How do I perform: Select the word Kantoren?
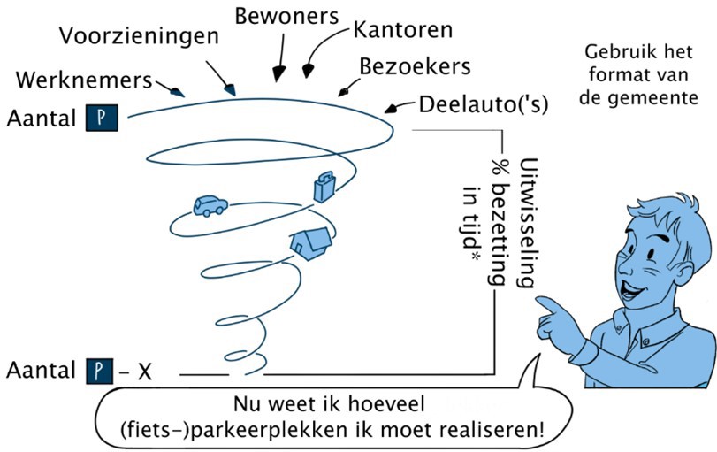click(x=402, y=30)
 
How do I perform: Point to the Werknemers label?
click(x=84, y=80)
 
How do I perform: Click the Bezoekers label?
click(x=415, y=67)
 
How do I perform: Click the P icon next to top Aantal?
click(x=102, y=118)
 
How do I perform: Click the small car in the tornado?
click(x=210, y=205)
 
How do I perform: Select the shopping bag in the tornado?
click(x=324, y=187)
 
